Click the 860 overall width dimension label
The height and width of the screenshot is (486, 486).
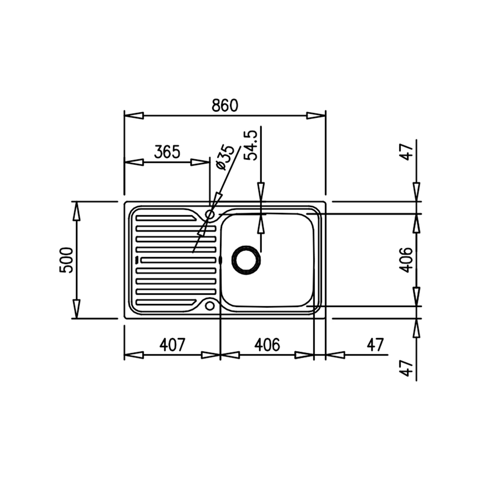pos(225,105)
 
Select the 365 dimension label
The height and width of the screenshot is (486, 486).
pos(167,152)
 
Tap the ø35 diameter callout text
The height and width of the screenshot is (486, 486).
pos(224,158)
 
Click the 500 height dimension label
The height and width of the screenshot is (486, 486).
pos(66,260)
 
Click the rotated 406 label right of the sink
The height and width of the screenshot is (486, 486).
pos(406,260)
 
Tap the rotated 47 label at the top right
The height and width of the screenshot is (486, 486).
pos(407,152)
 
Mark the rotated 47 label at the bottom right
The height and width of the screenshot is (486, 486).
pos(407,368)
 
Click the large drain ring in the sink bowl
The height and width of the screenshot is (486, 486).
pos(246,260)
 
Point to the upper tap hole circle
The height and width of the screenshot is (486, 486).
pos(210,214)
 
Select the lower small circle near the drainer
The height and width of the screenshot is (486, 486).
pos(210,306)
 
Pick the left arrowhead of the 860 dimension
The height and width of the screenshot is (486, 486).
pos(134,116)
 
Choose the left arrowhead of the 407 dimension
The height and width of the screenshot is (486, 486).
pos(134,355)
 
